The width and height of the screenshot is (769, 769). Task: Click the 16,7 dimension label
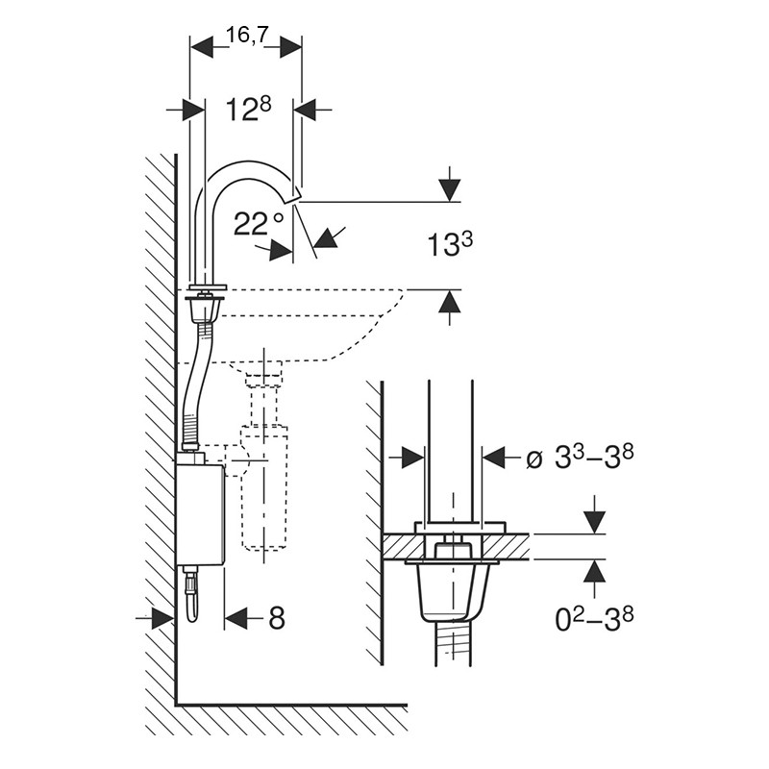[x=248, y=36]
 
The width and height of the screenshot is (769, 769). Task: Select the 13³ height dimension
[x=450, y=244]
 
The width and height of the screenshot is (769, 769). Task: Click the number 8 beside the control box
[x=277, y=618]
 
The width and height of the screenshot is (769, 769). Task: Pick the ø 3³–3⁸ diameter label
[x=580, y=458]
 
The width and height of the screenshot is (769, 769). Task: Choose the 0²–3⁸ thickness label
[x=594, y=619]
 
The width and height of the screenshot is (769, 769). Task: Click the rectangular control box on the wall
[x=200, y=514]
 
